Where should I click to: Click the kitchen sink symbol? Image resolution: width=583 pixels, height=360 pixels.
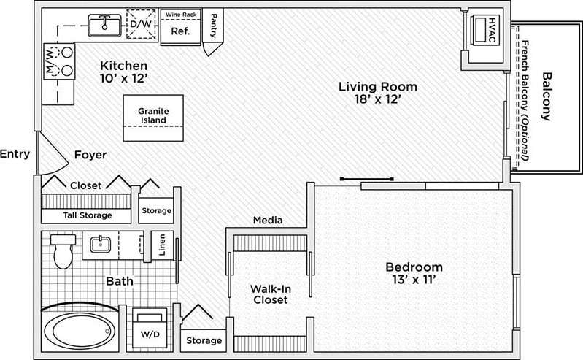point(104,26)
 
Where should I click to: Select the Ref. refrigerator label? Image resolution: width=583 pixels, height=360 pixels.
point(180,31)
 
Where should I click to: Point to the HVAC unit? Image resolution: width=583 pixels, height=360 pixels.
point(484,30)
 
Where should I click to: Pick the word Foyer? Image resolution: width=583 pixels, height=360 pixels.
point(90,155)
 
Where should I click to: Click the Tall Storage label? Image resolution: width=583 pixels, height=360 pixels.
point(87,215)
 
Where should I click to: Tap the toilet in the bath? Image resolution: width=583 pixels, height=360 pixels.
point(62,250)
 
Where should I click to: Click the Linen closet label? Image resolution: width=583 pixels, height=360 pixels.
point(162,246)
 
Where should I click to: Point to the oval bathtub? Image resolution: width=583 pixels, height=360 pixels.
point(80,334)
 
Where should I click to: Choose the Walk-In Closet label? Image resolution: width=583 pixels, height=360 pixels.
point(269,294)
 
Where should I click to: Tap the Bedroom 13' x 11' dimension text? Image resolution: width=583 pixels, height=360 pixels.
point(414,273)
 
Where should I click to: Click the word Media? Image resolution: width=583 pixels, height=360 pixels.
point(268,220)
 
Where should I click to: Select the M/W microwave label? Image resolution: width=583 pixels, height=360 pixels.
point(51,61)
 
